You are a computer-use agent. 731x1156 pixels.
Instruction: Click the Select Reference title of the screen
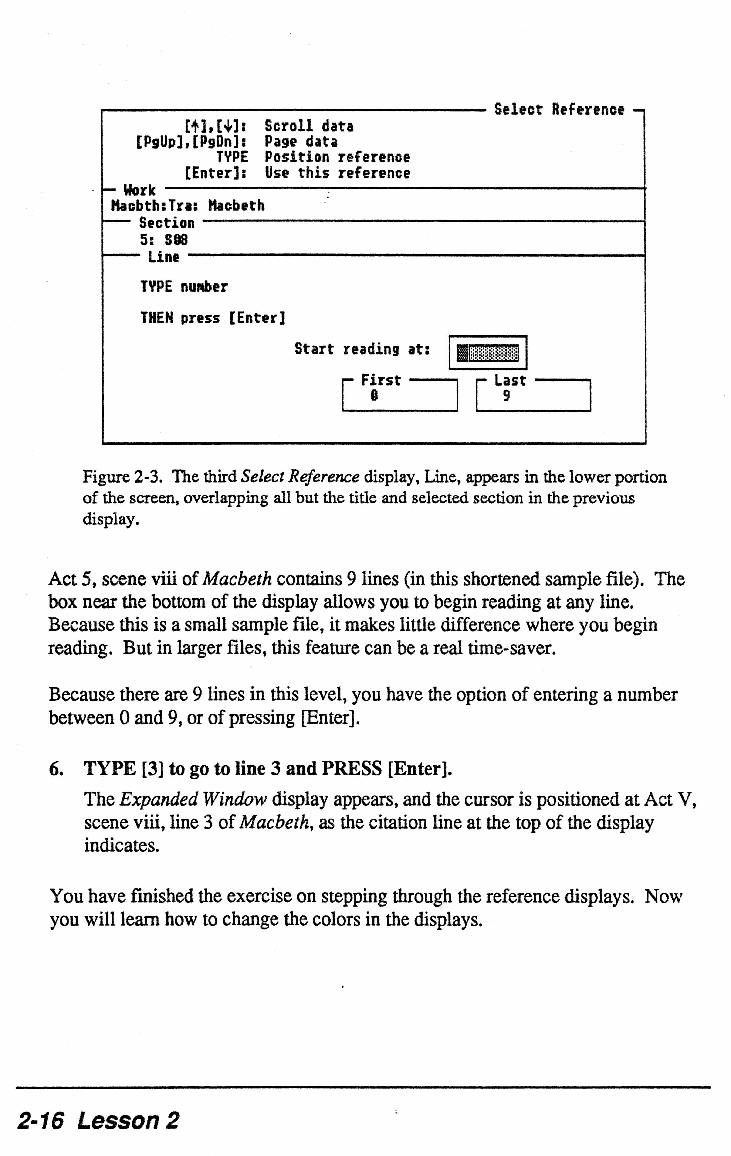(x=559, y=109)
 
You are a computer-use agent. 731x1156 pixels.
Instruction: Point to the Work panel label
(x=139, y=190)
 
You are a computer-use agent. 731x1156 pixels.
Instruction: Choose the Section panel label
(x=166, y=223)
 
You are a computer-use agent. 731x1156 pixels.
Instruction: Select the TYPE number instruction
(x=184, y=287)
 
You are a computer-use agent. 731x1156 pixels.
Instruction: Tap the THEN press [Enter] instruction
(x=213, y=318)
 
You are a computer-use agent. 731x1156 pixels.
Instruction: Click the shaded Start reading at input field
(x=488, y=353)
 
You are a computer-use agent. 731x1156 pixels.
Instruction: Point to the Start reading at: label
(x=362, y=349)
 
